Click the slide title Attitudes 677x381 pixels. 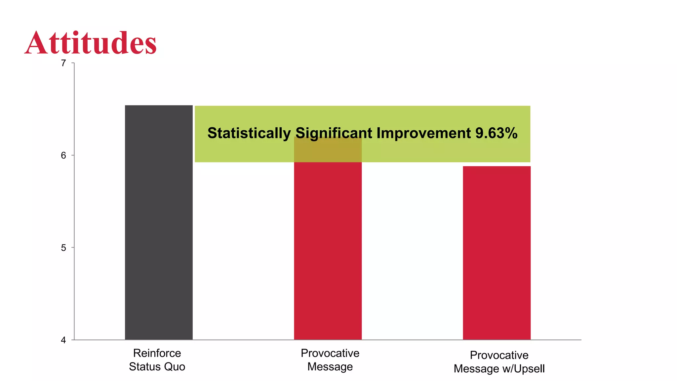pyautogui.click(x=91, y=43)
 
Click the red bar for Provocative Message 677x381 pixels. pyautogui.click(x=328, y=251)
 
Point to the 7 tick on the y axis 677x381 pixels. pyautogui.click(x=63, y=63)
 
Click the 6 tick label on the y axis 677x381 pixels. pyautogui.click(x=63, y=155)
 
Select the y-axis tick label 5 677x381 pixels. pyautogui.click(x=63, y=248)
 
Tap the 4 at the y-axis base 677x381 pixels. pyautogui.click(x=63, y=340)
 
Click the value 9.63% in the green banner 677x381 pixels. pyautogui.click(x=496, y=133)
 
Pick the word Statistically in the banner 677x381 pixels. pyautogui.click(x=249, y=133)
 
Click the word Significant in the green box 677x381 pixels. pyautogui.click(x=334, y=133)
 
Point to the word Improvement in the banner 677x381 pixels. pyautogui.click(x=423, y=133)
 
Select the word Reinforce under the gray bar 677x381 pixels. pyautogui.click(x=157, y=353)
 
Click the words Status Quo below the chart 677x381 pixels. pyautogui.click(x=157, y=367)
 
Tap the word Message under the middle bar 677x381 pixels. pyautogui.click(x=330, y=367)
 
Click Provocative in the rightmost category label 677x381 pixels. pyautogui.click(x=499, y=355)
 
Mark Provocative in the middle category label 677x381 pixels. pyautogui.click(x=330, y=353)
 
